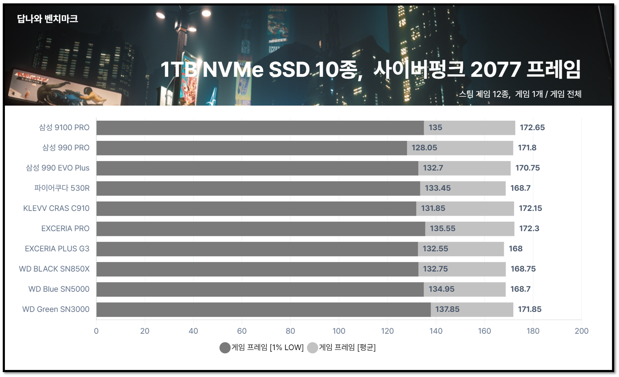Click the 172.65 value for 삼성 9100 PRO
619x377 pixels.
coord(532,127)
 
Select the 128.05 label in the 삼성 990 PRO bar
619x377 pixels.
coord(424,148)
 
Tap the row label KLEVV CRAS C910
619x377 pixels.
coord(56,208)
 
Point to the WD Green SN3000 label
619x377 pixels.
coord(56,309)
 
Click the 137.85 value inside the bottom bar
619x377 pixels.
coord(447,309)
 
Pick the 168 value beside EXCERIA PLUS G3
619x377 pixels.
coord(515,249)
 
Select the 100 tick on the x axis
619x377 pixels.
coord(339,331)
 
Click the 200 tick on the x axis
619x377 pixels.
coord(581,331)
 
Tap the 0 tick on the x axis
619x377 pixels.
coord(96,331)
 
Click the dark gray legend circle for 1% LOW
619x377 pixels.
coord(225,348)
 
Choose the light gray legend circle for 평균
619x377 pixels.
coord(312,348)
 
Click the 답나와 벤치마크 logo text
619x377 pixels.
coord(47,19)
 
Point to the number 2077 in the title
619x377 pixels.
coord(495,70)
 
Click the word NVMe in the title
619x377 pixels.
coord(233,70)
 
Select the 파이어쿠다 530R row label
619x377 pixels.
coord(62,188)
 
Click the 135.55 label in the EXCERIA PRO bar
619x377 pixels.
coord(442,228)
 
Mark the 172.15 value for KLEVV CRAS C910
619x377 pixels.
coord(530,208)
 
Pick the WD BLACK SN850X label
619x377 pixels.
coord(54,269)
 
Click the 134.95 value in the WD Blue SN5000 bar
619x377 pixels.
coord(441,289)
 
